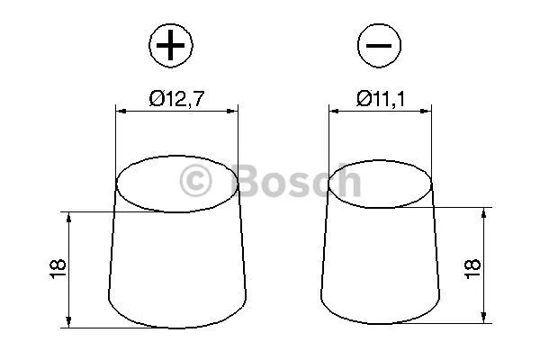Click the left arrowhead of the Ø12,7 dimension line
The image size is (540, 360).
coord(121,112)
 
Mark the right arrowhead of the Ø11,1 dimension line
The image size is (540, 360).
coord(428,112)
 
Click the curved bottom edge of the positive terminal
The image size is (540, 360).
coord(177,325)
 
